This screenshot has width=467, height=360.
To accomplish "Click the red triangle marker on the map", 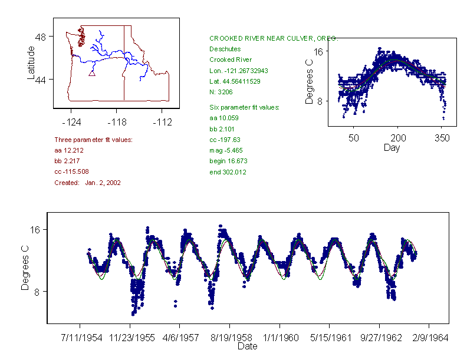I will [x=91, y=73].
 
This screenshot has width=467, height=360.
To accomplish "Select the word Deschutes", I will [x=224, y=49].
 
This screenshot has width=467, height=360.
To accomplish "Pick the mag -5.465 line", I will [x=225, y=150].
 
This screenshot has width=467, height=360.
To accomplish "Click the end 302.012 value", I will [x=228, y=172].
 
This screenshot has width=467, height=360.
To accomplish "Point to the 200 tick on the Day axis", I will [x=397, y=138].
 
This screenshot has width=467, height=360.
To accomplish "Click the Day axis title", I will [x=392, y=148].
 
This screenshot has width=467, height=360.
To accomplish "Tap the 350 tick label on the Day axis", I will [x=442, y=138].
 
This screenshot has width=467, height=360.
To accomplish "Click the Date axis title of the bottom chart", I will [x=248, y=347].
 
